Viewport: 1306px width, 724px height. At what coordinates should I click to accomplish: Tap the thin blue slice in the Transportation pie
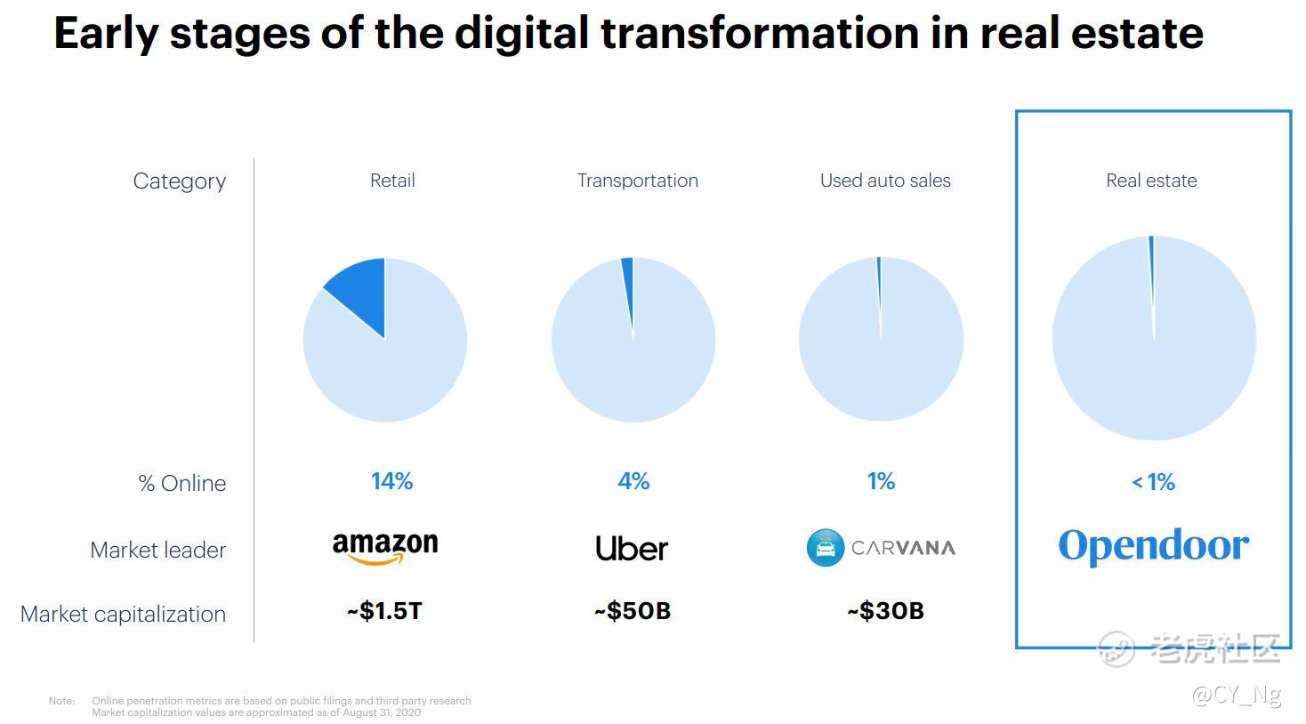point(628,271)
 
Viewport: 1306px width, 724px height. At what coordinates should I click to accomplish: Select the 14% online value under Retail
point(391,481)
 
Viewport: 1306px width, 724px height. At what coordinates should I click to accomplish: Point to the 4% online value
point(633,481)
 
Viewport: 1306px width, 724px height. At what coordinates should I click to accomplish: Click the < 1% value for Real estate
point(1153,482)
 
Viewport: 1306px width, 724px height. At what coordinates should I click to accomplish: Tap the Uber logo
point(632,548)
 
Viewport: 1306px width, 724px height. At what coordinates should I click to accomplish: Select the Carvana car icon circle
point(825,548)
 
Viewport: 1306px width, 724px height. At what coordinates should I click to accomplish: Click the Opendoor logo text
point(1153,545)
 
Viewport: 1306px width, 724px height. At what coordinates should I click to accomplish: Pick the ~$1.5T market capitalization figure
point(384,611)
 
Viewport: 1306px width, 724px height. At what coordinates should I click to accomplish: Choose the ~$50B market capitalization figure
point(633,611)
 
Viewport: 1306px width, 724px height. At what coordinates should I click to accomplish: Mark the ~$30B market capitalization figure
point(885,611)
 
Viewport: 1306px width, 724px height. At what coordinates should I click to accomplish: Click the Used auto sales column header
point(885,181)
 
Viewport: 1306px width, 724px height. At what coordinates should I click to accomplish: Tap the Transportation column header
point(637,181)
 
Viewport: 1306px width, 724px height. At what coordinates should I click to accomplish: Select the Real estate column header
point(1151,181)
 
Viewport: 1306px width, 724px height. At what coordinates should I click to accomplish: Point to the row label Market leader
point(157,550)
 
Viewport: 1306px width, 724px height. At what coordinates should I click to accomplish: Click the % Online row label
point(181,483)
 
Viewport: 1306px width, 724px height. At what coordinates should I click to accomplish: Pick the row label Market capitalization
point(123,614)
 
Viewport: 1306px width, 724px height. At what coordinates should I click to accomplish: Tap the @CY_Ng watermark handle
point(1236,695)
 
